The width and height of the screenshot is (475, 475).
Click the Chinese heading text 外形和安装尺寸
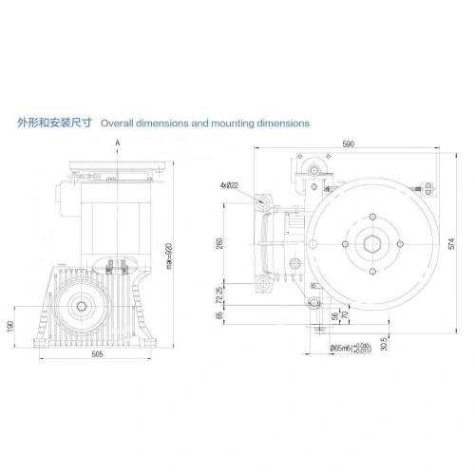point(55,123)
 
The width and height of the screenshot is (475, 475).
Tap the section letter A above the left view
point(117,142)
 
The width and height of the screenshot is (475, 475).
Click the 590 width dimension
point(349,143)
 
